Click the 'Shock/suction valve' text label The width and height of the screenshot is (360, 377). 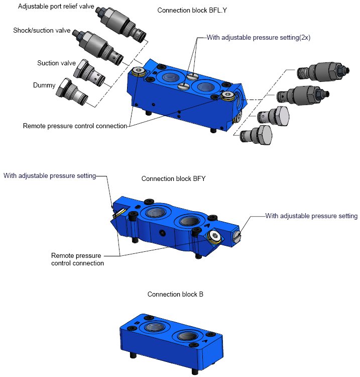42,31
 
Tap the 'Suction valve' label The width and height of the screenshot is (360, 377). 56,63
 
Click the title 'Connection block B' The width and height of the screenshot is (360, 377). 175,294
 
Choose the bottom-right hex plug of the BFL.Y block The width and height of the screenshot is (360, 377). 256,135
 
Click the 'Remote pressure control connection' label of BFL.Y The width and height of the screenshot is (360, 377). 75,126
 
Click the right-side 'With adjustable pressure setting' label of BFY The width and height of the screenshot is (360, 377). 311,216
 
